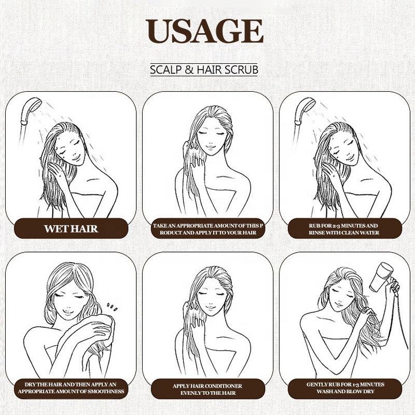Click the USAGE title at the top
(204, 31)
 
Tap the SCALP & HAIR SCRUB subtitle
(204, 70)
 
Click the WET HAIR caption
(71, 229)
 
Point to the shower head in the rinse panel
(305, 110)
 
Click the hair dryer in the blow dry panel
(381, 276)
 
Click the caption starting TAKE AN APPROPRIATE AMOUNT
(208, 229)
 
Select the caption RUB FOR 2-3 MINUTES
(344, 229)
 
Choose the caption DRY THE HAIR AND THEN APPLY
(71, 388)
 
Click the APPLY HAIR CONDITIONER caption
(208, 390)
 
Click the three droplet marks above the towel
(112, 307)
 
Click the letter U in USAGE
(158, 31)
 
